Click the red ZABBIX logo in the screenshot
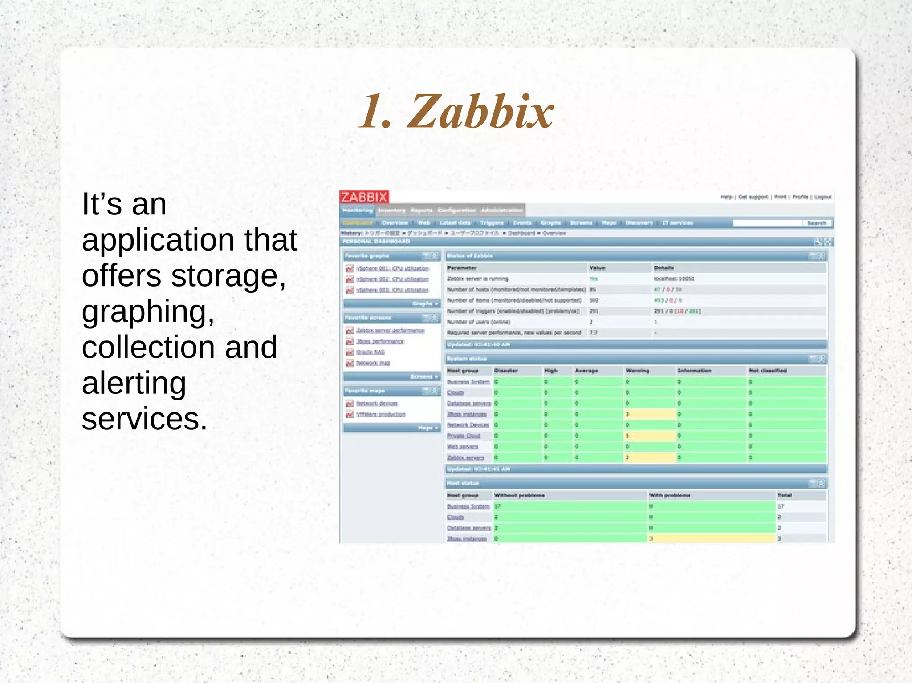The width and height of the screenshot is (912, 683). (x=364, y=197)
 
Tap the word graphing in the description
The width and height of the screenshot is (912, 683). (x=147, y=312)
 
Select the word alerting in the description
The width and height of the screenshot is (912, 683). (x=134, y=383)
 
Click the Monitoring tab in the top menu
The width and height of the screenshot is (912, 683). (x=358, y=210)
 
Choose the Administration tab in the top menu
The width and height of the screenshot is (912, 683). (x=502, y=210)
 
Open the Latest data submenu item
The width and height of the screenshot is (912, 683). (x=455, y=223)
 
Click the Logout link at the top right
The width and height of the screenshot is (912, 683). (x=823, y=197)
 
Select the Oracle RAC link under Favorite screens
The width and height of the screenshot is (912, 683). (x=370, y=352)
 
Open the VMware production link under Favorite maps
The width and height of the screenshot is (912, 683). (x=381, y=414)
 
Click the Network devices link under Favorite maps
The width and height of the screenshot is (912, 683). (x=377, y=403)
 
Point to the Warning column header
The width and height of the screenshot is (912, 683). (x=637, y=371)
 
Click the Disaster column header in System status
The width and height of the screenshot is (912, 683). (x=506, y=371)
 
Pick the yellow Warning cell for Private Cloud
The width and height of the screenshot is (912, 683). (x=649, y=436)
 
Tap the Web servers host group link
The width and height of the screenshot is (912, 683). (x=462, y=447)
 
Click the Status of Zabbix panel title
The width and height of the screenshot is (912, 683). (x=469, y=256)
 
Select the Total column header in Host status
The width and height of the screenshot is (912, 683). (x=784, y=495)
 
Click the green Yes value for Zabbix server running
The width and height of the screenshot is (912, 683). (x=594, y=279)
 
